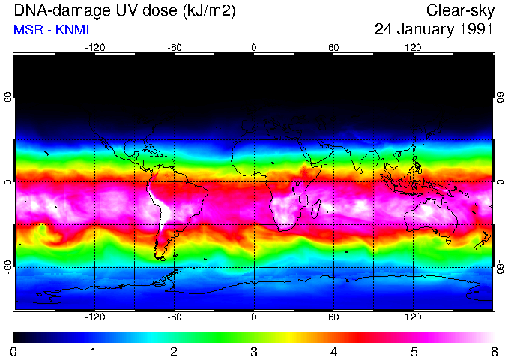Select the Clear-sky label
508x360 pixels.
pos(460,11)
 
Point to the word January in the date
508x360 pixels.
pos(423,31)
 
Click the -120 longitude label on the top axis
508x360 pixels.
pos(94,47)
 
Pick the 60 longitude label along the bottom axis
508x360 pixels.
pos(333,316)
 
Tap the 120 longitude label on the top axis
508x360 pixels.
pos(413,47)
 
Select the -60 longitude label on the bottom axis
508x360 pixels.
pos(175,316)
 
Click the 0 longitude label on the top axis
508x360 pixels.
pos(254,47)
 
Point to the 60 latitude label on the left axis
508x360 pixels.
pos(8,99)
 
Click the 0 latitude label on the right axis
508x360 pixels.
pos(500,182)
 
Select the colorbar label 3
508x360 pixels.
pos(254,351)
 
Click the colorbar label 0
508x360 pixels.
pos(14,351)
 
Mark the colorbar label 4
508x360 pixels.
pos(334,351)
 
